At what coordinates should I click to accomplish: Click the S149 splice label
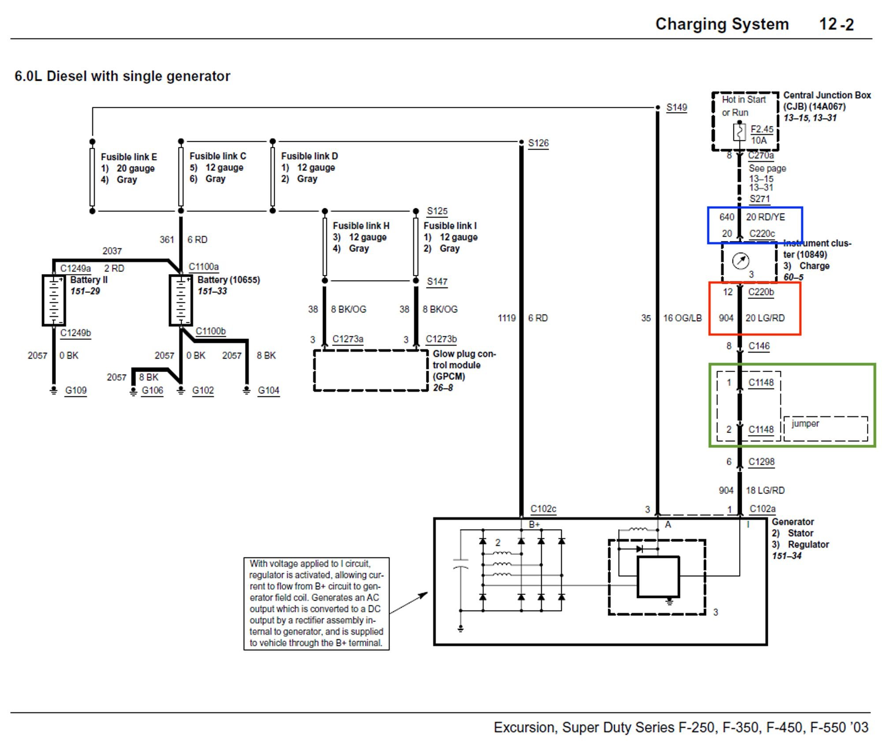pos(676,107)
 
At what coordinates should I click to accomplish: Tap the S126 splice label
pos(538,143)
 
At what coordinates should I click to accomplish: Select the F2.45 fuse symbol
pos(739,132)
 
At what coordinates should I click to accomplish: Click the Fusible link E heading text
pos(129,157)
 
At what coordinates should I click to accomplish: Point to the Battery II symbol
pos(54,300)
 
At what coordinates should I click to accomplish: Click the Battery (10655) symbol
pos(181,300)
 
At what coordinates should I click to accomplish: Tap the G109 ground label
pos(76,390)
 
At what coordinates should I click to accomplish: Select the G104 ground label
pos(268,390)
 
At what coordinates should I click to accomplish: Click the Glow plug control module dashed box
pos(370,371)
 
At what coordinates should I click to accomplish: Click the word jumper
pos(805,424)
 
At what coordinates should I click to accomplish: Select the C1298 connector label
pos(761,462)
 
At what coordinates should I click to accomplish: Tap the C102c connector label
pos(543,508)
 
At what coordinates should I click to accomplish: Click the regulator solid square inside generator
pos(658,577)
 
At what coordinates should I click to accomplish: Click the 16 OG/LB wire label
pos(682,318)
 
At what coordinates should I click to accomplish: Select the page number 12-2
pos(836,24)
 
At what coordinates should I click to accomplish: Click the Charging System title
pos(722,24)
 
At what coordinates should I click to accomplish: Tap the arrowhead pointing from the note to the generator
pos(424,594)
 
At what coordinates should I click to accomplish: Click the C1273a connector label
pos(348,339)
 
